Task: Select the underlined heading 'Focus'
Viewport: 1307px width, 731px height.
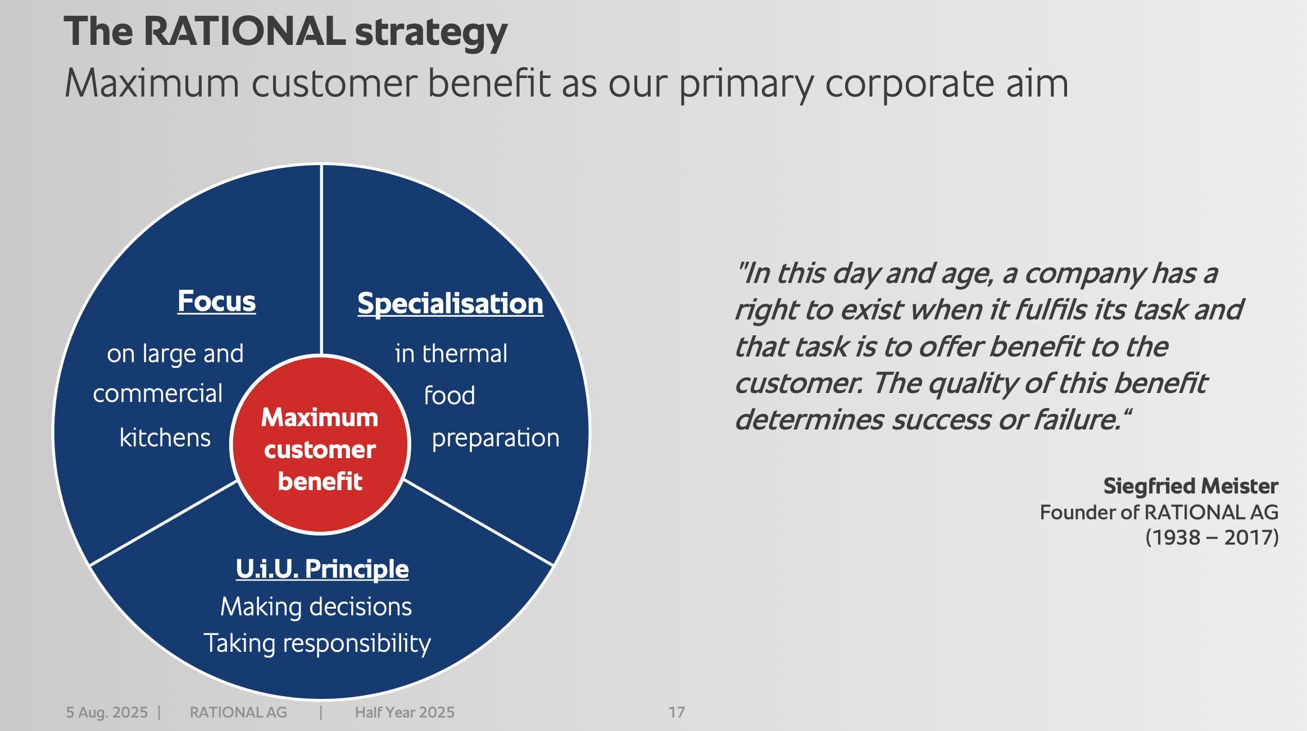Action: click(216, 301)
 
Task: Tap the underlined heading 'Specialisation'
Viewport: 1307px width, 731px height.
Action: click(451, 304)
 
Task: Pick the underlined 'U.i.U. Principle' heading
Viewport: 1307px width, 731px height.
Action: click(322, 569)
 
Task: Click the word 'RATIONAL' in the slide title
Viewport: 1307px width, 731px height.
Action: click(244, 31)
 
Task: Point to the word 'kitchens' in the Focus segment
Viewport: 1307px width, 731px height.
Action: click(165, 437)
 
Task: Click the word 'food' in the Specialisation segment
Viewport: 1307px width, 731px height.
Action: click(450, 395)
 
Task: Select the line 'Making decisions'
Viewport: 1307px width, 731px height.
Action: click(316, 607)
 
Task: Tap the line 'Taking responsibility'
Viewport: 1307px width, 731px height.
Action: click(317, 643)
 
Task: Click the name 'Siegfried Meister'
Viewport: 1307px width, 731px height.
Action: click(1191, 486)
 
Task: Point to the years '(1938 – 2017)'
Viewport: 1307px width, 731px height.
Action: click(1212, 538)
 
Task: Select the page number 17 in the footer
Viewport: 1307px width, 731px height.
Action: click(677, 712)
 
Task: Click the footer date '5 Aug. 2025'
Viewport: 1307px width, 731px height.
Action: click(107, 712)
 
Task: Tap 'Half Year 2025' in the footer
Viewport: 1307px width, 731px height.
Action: click(405, 712)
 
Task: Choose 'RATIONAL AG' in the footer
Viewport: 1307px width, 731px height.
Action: click(238, 712)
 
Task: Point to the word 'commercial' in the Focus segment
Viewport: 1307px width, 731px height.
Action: click(158, 394)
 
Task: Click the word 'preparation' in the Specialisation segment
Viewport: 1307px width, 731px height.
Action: click(496, 438)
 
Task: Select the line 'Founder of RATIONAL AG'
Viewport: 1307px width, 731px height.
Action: click(1159, 513)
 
